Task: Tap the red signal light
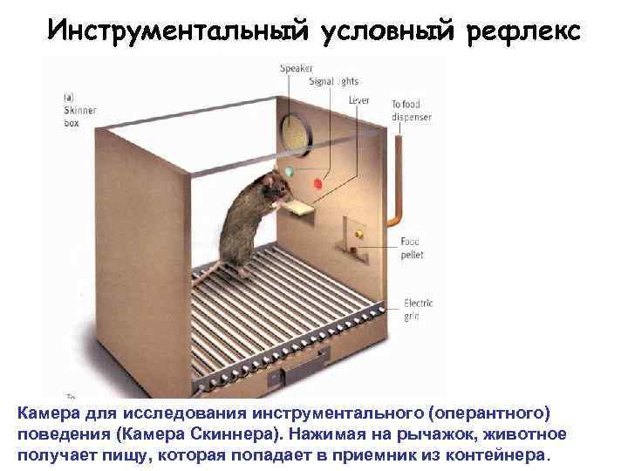pos(317,184)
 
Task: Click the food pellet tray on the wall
pos(358,232)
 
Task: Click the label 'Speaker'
pos(297,69)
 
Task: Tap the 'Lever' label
pos(358,100)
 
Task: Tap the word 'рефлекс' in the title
pos(522,30)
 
